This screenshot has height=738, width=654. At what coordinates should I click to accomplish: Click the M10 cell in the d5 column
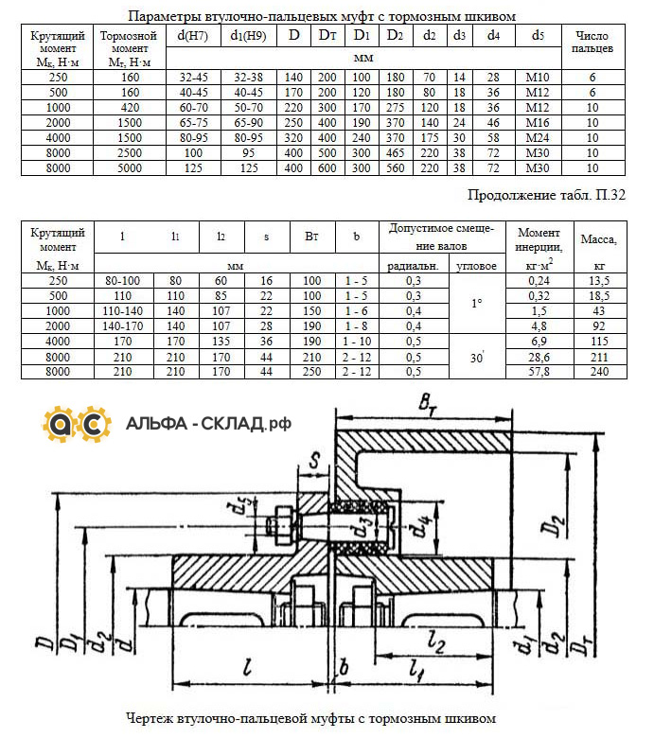point(538,78)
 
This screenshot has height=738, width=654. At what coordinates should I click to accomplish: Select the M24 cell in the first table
point(538,138)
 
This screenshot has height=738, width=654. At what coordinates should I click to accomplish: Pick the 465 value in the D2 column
point(396,153)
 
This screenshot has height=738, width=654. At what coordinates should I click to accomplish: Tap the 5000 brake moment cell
point(130,168)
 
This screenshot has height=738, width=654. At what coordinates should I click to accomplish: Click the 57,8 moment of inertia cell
point(539,371)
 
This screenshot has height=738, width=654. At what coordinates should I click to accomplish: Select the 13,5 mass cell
point(600,280)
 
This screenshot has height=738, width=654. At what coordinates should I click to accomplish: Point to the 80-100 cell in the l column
point(123,280)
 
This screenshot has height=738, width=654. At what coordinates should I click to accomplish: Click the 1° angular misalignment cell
point(476,304)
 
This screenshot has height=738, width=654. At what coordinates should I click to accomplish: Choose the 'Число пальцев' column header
point(592,42)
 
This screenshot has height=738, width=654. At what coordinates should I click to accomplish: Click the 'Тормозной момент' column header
point(130,48)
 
